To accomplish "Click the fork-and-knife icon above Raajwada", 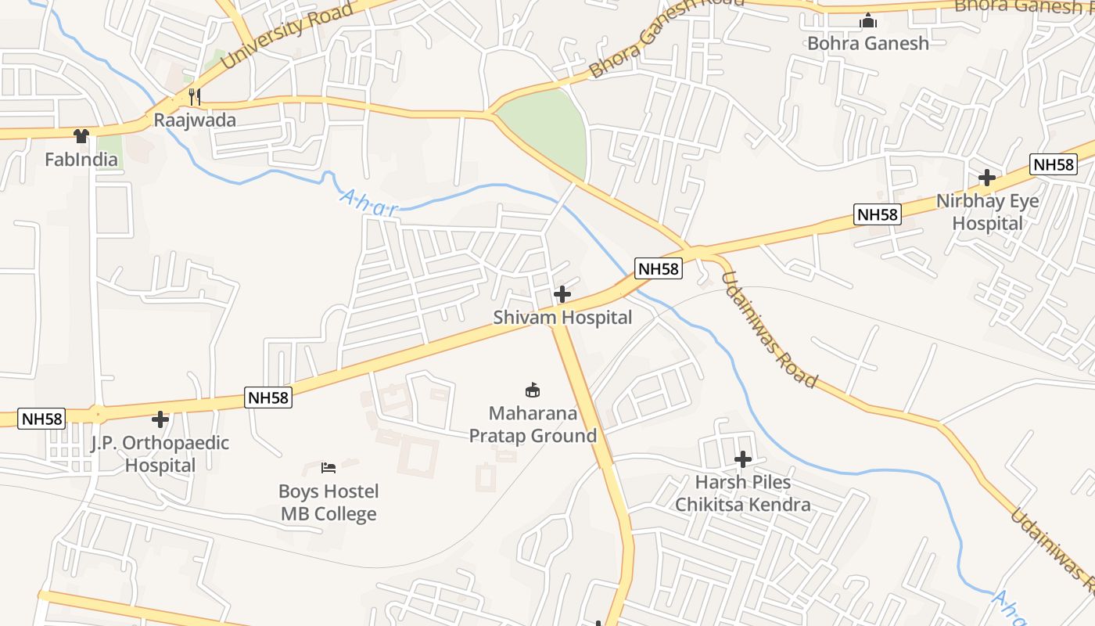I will point(195,97).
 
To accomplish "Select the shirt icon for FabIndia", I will point(81,136).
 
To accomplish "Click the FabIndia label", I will point(81,160).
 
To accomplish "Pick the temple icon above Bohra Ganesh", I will point(868,20).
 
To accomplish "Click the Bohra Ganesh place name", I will point(868,43).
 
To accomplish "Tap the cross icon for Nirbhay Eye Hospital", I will point(987,178).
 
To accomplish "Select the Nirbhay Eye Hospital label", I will point(988,212).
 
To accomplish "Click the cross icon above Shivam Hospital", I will point(562,295).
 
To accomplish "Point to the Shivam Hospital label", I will point(562,318).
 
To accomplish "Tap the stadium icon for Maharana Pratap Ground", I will point(533,390).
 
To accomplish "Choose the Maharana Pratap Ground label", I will point(533,424).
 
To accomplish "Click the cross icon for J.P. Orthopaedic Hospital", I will point(160,419).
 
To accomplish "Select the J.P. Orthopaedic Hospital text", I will point(160,454).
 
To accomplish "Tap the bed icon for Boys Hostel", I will point(328,468).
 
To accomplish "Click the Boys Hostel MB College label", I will point(328,502).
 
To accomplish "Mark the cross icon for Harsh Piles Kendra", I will point(743,459).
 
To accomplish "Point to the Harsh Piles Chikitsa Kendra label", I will point(743,493).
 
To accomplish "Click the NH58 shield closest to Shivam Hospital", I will point(659,269).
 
